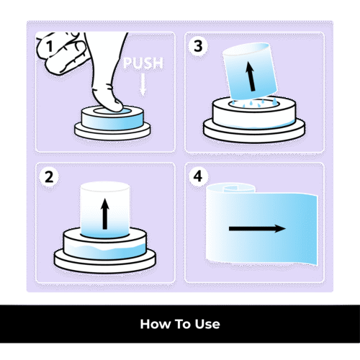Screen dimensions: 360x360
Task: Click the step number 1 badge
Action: click(49, 46)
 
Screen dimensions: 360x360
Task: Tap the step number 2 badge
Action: click(49, 177)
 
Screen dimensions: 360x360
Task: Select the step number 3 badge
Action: click(198, 46)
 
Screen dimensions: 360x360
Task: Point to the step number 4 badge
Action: click(198, 176)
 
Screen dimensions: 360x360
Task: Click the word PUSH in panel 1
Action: click(143, 63)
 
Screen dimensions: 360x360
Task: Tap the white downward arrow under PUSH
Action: click(143, 84)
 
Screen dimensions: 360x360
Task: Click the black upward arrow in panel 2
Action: click(105, 214)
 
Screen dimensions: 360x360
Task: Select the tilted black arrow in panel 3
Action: click(251, 76)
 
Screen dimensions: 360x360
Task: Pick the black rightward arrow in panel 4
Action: click(257, 228)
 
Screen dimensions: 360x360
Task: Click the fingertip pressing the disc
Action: click(114, 106)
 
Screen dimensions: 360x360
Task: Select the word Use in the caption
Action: click(207, 324)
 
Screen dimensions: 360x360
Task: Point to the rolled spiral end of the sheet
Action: click(239, 189)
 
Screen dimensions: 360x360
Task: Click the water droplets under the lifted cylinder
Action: click(254, 103)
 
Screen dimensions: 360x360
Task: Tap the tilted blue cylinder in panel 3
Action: click(250, 71)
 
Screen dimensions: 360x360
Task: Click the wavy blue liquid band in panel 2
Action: click(105, 251)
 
